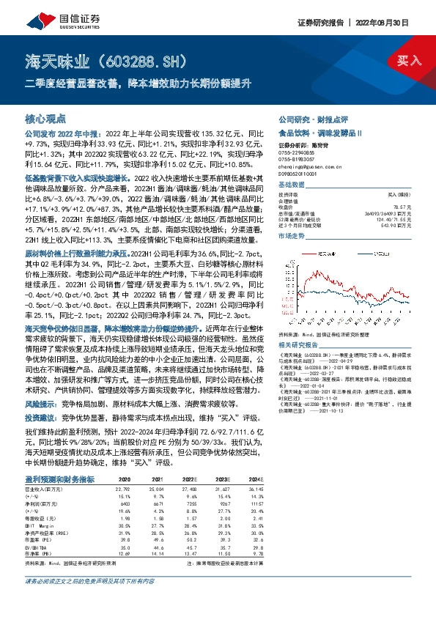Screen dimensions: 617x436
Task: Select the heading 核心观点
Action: click(45, 118)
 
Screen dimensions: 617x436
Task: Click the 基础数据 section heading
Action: click(291, 185)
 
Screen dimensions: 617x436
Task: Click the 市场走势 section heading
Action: click(291, 237)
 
